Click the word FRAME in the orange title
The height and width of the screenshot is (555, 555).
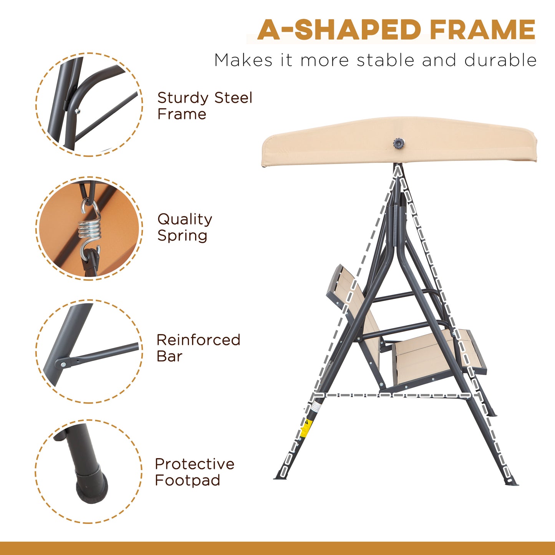click(x=482, y=30)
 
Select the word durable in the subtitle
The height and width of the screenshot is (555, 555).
click(x=500, y=60)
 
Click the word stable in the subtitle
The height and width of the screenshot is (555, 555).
click(x=386, y=60)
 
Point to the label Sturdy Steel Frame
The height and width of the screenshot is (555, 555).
click(x=204, y=106)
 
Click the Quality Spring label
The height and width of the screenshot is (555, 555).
click(x=184, y=227)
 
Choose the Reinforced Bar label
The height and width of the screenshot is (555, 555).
click(x=198, y=348)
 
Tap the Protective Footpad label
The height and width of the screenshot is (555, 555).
click(x=194, y=472)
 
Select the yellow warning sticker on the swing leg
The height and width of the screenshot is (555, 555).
click(x=305, y=428)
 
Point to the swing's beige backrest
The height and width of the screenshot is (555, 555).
click(x=351, y=303)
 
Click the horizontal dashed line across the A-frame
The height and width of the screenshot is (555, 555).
click(x=396, y=394)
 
